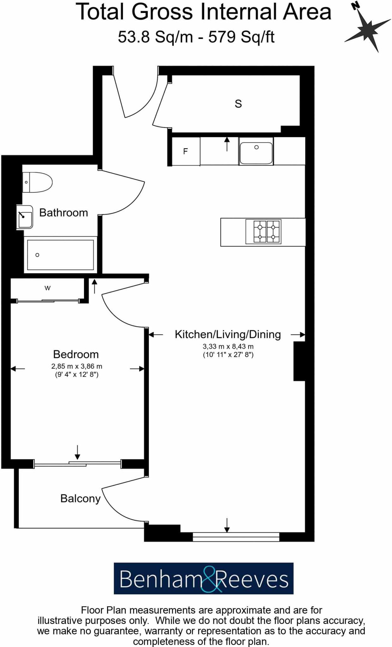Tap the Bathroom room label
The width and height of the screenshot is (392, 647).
63,213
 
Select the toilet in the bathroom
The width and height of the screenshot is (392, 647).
37,182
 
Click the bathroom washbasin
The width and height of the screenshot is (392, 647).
25,217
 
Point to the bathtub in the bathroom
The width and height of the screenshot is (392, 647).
60,255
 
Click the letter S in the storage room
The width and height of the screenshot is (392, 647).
238,104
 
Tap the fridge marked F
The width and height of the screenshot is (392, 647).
185,151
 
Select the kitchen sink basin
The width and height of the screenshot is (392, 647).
256,153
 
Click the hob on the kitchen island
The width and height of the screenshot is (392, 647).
263,232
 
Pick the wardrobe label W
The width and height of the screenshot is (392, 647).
47,288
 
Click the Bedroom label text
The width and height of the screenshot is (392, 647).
76,354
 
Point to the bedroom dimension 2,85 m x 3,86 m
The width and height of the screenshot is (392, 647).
77,366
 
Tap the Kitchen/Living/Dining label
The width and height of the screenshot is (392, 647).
228,334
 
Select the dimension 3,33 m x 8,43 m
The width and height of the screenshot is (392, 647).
228,347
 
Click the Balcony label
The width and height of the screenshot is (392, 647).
80,499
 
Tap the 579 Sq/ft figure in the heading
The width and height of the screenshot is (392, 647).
241,37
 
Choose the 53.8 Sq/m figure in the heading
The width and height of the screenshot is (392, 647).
155,37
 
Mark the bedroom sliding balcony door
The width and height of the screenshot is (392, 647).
77,464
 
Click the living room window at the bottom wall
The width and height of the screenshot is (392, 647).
236,537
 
